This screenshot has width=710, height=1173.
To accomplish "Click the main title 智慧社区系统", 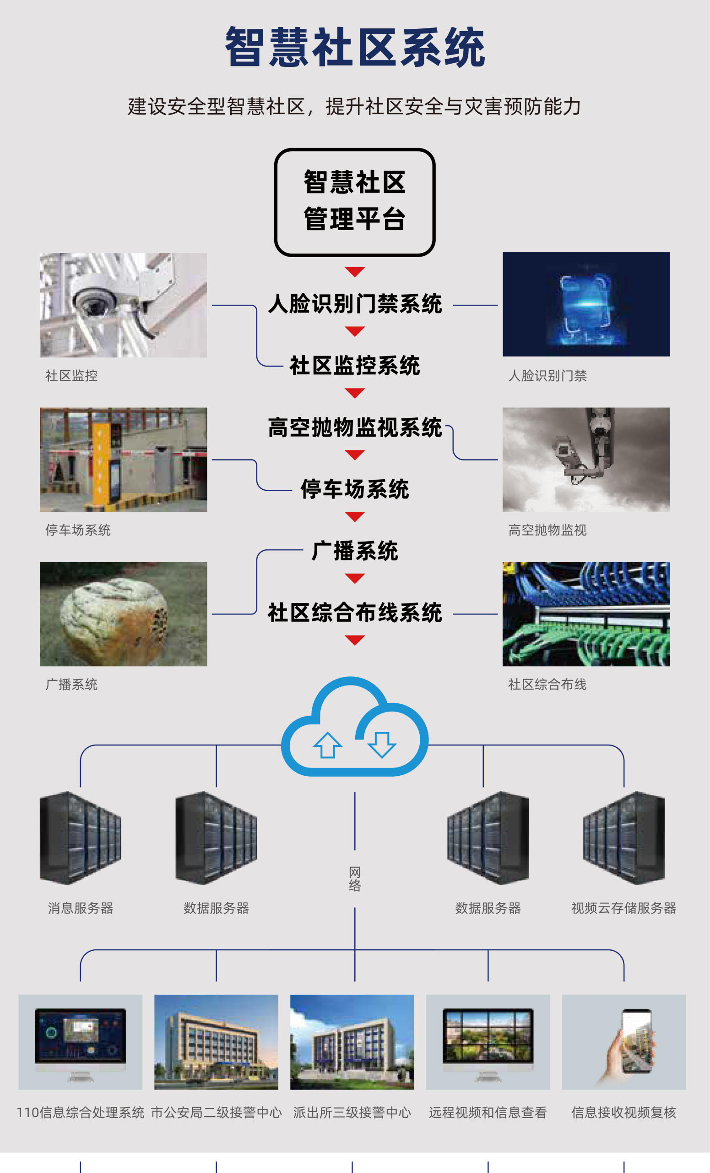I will click(x=355, y=47).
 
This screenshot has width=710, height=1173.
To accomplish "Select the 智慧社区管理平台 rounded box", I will click(x=355, y=202).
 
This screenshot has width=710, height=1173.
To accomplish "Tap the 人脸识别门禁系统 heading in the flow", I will click(x=355, y=304).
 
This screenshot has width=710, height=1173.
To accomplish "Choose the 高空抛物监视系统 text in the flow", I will click(x=355, y=428).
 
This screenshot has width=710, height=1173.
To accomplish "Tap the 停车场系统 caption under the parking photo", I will click(x=78, y=530).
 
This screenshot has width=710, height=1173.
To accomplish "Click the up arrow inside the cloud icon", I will click(x=327, y=745).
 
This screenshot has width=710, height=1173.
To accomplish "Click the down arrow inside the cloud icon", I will click(x=382, y=744).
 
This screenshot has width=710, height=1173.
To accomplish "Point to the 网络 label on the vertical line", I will click(x=355, y=879).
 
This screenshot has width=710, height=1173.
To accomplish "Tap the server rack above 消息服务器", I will click(x=81, y=838).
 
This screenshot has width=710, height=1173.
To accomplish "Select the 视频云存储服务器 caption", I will click(x=623, y=908).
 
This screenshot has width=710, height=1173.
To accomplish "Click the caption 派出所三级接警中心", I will click(x=352, y=1113).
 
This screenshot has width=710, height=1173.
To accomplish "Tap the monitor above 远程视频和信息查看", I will click(x=488, y=1038).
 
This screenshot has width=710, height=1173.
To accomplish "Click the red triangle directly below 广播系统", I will click(x=355, y=578).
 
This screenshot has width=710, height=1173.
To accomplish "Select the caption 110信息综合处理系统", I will click(x=81, y=1113).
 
